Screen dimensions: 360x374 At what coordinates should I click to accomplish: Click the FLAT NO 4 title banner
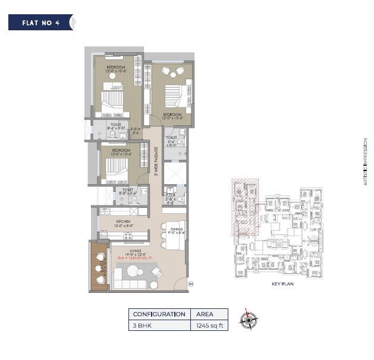[40, 23]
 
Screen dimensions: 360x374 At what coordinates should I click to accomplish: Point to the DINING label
[176, 230]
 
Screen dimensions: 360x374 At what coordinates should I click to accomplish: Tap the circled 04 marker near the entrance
[191, 285]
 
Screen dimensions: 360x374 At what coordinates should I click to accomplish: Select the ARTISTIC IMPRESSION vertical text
[366, 162]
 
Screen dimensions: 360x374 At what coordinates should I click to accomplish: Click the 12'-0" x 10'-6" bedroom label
[120, 153]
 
